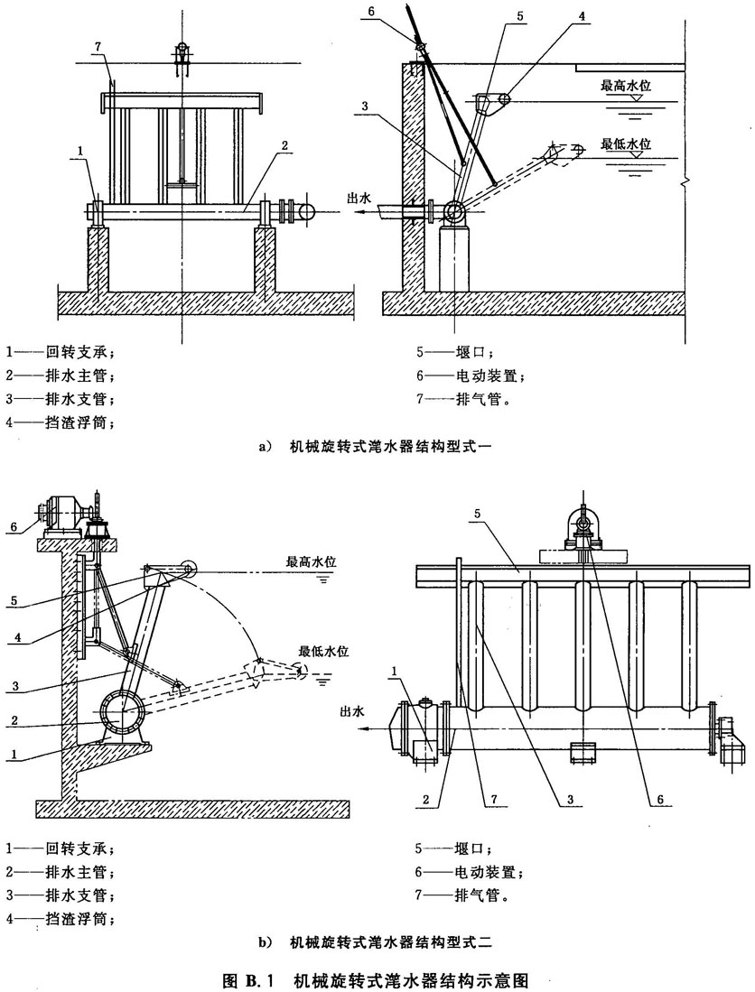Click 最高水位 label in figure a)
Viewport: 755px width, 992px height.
pos(626,88)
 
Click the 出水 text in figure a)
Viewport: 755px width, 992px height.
pos(360,199)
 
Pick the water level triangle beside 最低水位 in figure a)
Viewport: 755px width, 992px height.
pos(637,155)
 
